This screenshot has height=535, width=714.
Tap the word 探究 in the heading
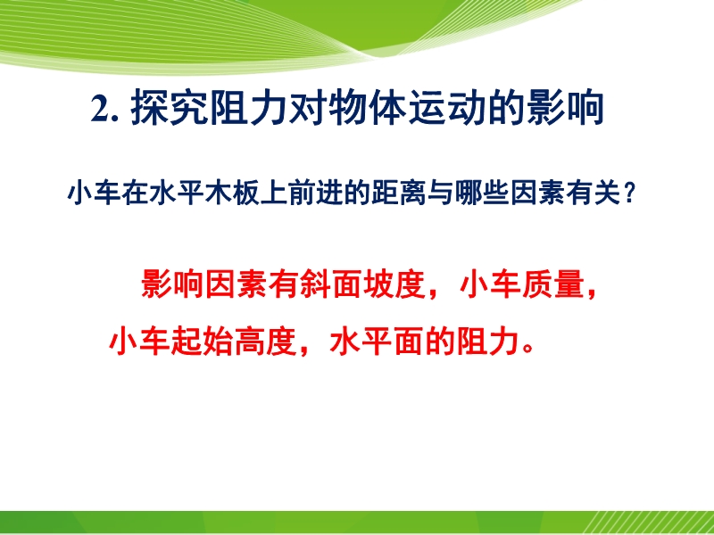coord(169,109)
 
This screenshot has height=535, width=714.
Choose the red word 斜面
coord(332,284)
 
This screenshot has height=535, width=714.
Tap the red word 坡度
coord(395,284)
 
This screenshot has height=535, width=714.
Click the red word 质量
coord(555,284)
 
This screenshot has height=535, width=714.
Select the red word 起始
coord(203,342)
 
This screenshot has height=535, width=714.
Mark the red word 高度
coord(267,342)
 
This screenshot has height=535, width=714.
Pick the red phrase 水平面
coord(377,342)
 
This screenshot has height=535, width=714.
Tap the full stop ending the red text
coord(527,350)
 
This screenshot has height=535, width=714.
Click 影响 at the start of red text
coord(172,284)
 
